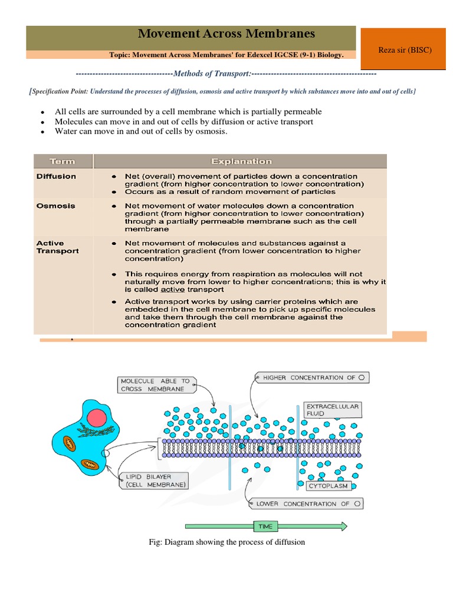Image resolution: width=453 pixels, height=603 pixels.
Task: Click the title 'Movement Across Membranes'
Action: (x=226, y=34)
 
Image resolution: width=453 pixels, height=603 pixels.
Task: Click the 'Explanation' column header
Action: (x=241, y=161)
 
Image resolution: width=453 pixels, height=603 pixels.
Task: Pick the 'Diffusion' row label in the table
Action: (x=56, y=176)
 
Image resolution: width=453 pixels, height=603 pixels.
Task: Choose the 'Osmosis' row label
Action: (x=55, y=206)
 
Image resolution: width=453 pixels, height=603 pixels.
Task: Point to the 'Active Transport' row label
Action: (x=57, y=247)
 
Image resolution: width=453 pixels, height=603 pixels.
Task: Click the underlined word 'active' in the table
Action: (x=172, y=290)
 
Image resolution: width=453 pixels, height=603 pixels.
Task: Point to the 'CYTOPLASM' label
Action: (x=329, y=486)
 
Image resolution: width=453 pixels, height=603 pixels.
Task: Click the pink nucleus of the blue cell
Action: (x=94, y=419)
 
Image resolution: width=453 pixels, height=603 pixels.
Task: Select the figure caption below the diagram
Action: (x=226, y=542)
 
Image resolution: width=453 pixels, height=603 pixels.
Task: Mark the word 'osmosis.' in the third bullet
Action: (x=213, y=131)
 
